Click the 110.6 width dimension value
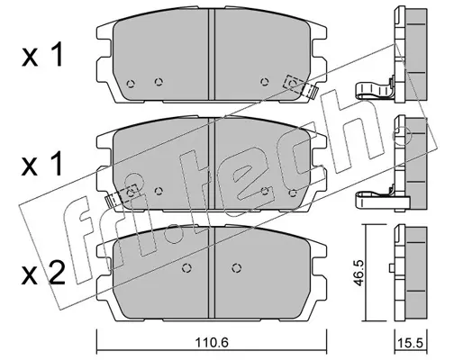212,341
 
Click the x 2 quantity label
43,273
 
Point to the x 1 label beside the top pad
42,55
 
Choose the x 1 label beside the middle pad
41,163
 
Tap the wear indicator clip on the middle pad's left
122,195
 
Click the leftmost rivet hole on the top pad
131,84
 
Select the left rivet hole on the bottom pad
187,267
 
